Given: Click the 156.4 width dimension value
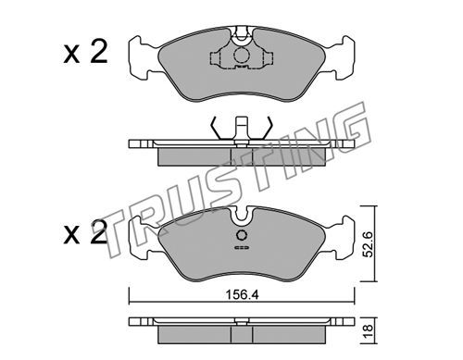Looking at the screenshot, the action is coord(242,295).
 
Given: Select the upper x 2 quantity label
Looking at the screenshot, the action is coord(85,53).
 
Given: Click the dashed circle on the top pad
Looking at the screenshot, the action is coord(241,56).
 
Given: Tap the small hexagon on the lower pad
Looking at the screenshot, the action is coord(242,235).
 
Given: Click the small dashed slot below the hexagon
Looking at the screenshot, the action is coord(242,248).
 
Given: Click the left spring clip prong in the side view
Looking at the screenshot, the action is coord(216,128).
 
